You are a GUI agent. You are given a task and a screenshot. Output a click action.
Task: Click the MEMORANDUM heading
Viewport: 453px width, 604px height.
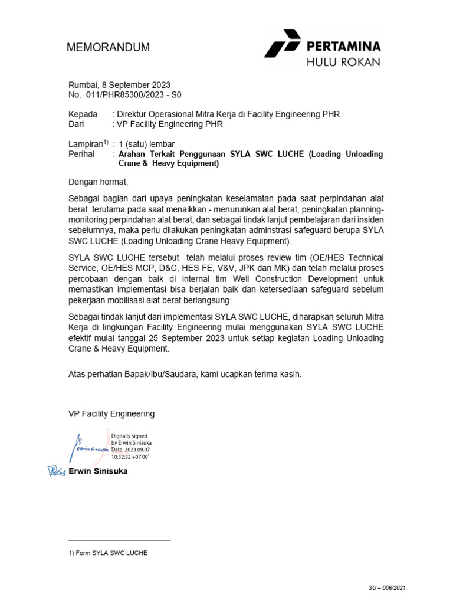pos(109,47)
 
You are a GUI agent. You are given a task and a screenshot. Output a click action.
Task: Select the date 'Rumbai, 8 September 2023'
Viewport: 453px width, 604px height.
pos(120,85)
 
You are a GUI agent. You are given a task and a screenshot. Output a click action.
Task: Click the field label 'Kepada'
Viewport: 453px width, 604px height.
pos(83,114)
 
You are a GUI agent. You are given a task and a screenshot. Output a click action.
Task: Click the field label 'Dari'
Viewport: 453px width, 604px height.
pos(77,124)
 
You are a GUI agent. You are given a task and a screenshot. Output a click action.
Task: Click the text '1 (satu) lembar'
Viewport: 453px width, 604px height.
pos(146,144)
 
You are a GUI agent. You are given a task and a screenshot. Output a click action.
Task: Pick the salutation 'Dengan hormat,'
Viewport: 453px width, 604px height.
pos(98,182)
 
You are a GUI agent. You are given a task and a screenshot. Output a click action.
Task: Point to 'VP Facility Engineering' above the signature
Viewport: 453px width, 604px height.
pos(111,413)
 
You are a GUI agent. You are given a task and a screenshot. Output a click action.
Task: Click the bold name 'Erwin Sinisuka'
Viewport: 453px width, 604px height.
pos(98,471)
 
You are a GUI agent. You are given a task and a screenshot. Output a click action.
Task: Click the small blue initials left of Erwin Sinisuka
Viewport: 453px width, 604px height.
pos(57,471)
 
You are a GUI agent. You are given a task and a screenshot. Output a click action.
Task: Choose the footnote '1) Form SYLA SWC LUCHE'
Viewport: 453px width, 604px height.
pos(108,553)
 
